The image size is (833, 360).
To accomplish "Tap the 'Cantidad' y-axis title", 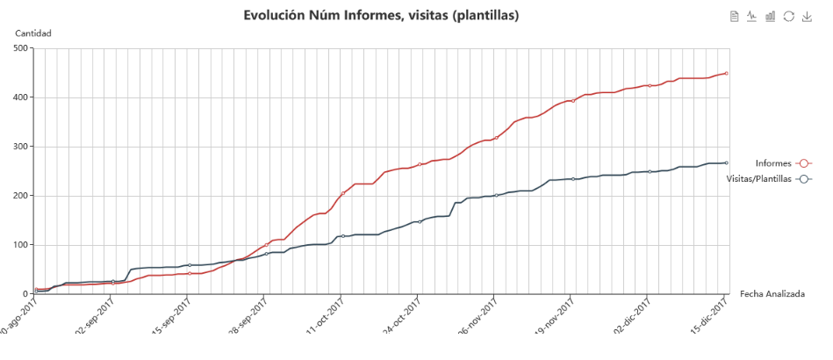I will tap(33, 33).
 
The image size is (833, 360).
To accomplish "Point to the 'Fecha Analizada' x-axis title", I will tap(772, 293).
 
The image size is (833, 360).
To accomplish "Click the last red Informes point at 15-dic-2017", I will tap(727, 73).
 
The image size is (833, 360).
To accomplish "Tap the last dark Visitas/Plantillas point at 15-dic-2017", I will tap(727, 162).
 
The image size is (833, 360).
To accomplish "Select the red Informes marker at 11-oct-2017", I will tap(342, 193).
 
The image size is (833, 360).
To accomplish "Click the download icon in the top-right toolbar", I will tap(807, 16).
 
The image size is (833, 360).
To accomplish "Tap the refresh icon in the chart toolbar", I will tap(789, 16).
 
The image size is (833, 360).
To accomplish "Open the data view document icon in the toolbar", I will tap(735, 16).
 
